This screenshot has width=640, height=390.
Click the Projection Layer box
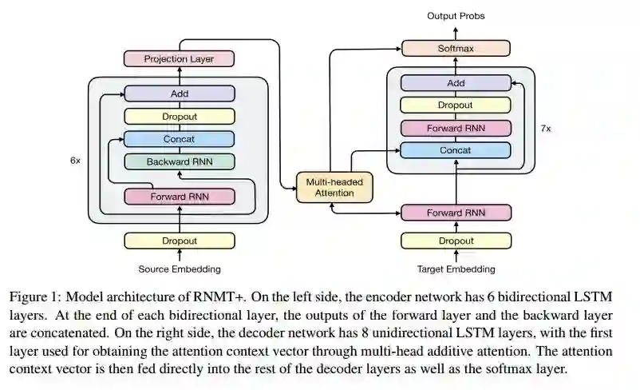point(180,58)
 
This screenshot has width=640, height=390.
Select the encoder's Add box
point(180,94)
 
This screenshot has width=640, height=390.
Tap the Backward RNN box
point(180,161)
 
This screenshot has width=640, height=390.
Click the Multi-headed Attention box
point(335,187)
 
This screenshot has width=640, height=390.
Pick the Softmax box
point(456,49)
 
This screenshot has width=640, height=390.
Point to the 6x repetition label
point(75,160)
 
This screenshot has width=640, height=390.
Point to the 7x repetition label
point(546,128)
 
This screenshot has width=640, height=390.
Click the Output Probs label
point(456,16)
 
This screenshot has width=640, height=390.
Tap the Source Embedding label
point(180,269)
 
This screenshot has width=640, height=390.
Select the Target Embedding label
point(456,269)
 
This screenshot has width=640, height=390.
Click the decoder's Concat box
point(456,150)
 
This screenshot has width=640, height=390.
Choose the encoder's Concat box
point(180,139)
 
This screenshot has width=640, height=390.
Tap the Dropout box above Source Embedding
point(180,241)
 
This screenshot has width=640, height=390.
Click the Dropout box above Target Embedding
point(456,241)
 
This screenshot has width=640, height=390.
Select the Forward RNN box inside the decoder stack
point(456,128)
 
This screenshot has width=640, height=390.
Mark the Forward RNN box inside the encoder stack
point(180,197)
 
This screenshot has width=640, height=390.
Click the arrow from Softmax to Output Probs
point(456,32)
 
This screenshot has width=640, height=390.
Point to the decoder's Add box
point(456,83)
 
